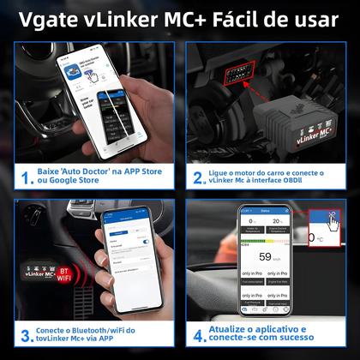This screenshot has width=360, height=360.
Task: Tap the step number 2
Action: click(x=198, y=177)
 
